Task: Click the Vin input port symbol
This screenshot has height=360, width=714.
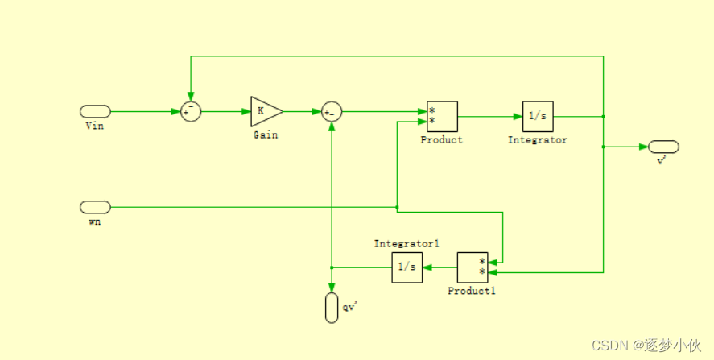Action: pos(95,111)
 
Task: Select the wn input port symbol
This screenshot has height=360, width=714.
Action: pos(95,207)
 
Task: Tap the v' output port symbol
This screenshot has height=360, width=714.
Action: pos(664,147)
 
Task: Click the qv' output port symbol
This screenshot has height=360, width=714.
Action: pos(332,308)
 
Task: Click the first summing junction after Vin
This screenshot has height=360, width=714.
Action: pos(191,111)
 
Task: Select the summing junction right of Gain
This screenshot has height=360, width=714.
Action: pos(332,111)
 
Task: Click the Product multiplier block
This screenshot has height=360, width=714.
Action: pos(442,116)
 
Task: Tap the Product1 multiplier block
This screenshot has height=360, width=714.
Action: pos(473,267)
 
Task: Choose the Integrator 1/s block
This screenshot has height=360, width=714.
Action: pos(538,116)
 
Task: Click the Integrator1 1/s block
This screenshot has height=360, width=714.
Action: pos(407,267)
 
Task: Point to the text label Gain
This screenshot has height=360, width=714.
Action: pos(266,135)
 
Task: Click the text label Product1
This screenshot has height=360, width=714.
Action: pos(472,291)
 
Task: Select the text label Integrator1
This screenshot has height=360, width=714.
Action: pos(407,243)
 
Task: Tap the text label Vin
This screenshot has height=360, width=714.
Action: pos(94,126)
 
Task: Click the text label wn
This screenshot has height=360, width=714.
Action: pos(94,221)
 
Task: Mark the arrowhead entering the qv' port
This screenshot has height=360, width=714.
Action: pos(332,288)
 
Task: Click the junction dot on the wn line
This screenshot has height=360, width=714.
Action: pos(398,207)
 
